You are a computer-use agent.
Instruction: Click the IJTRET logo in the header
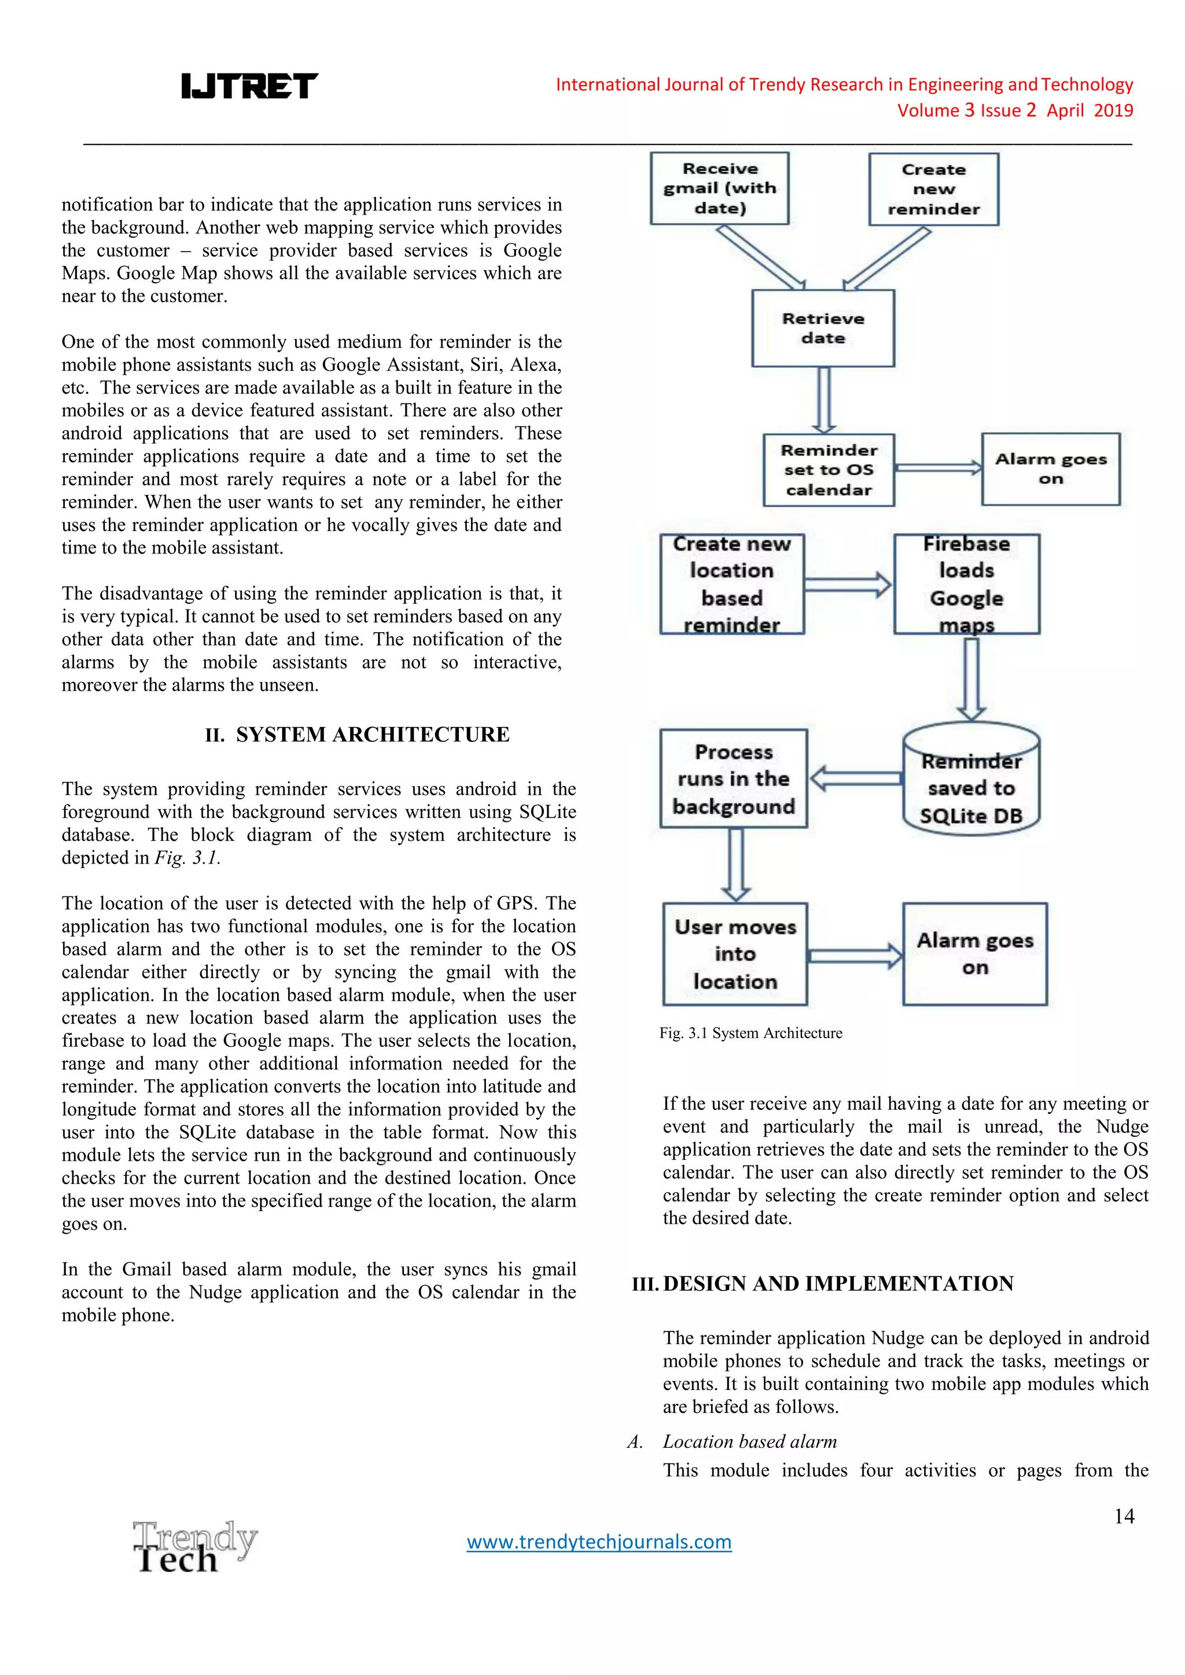point(249,86)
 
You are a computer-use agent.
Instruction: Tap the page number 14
point(1124,1516)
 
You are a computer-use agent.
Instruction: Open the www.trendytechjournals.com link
point(599,1541)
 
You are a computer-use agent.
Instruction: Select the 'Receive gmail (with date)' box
point(719,188)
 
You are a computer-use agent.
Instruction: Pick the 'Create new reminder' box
point(933,190)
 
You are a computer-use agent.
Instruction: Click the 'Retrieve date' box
point(823,329)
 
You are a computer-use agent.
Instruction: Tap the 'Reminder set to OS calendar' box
point(829,470)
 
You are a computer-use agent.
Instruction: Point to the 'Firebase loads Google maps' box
point(967,584)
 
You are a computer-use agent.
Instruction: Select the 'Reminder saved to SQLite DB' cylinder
point(971,779)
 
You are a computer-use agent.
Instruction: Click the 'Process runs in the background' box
point(733,779)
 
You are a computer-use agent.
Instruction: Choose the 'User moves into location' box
point(735,954)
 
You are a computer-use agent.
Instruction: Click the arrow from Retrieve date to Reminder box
point(824,400)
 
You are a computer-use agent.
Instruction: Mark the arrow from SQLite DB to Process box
point(855,779)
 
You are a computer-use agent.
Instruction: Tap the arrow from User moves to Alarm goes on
point(855,955)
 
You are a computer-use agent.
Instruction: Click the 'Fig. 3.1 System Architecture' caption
point(751,1033)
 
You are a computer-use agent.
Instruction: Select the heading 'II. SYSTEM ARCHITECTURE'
point(357,735)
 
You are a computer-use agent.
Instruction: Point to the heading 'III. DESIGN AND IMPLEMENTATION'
point(822,1284)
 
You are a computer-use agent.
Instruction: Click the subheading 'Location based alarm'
point(749,1441)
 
